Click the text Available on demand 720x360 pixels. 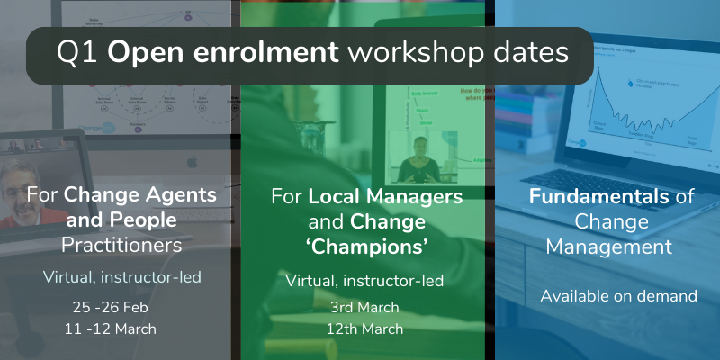coord(606,295)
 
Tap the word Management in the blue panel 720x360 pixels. coord(606,244)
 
